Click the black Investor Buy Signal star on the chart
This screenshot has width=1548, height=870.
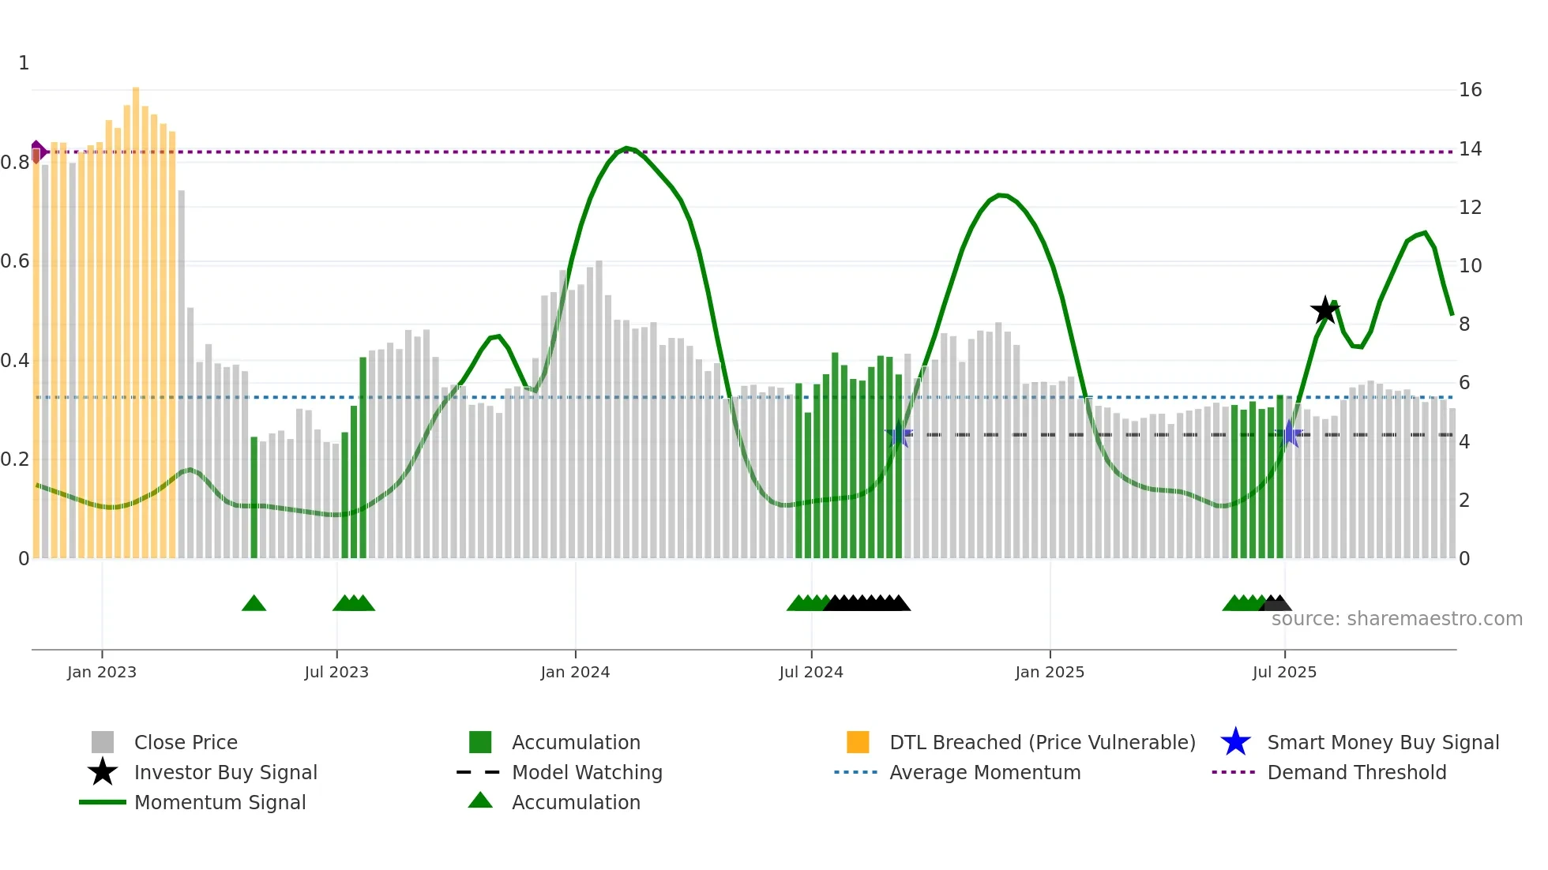(x=1324, y=310)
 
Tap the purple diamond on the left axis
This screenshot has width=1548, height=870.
(x=37, y=151)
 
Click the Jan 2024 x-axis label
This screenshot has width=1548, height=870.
(x=575, y=672)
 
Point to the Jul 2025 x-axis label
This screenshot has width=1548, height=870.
(x=1284, y=672)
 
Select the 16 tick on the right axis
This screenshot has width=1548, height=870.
(x=1470, y=90)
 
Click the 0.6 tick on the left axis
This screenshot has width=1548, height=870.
(x=16, y=261)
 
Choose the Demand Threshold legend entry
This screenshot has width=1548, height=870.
(x=1356, y=772)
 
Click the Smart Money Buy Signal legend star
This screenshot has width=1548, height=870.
(x=1235, y=742)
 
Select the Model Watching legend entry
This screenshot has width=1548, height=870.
(x=586, y=772)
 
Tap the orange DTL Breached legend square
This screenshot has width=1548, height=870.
(x=858, y=742)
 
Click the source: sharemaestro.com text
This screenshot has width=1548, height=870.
(x=1396, y=619)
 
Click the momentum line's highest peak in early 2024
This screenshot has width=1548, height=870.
(x=626, y=148)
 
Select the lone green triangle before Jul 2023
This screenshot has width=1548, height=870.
(x=254, y=603)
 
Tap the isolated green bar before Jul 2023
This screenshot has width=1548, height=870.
(x=254, y=497)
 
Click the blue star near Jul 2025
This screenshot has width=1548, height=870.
(x=1290, y=434)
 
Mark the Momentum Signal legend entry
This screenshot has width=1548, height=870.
(x=220, y=802)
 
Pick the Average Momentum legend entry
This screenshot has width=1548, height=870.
(x=984, y=772)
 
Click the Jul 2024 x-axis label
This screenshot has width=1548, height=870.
(x=811, y=672)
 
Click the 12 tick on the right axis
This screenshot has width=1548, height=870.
(x=1470, y=208)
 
